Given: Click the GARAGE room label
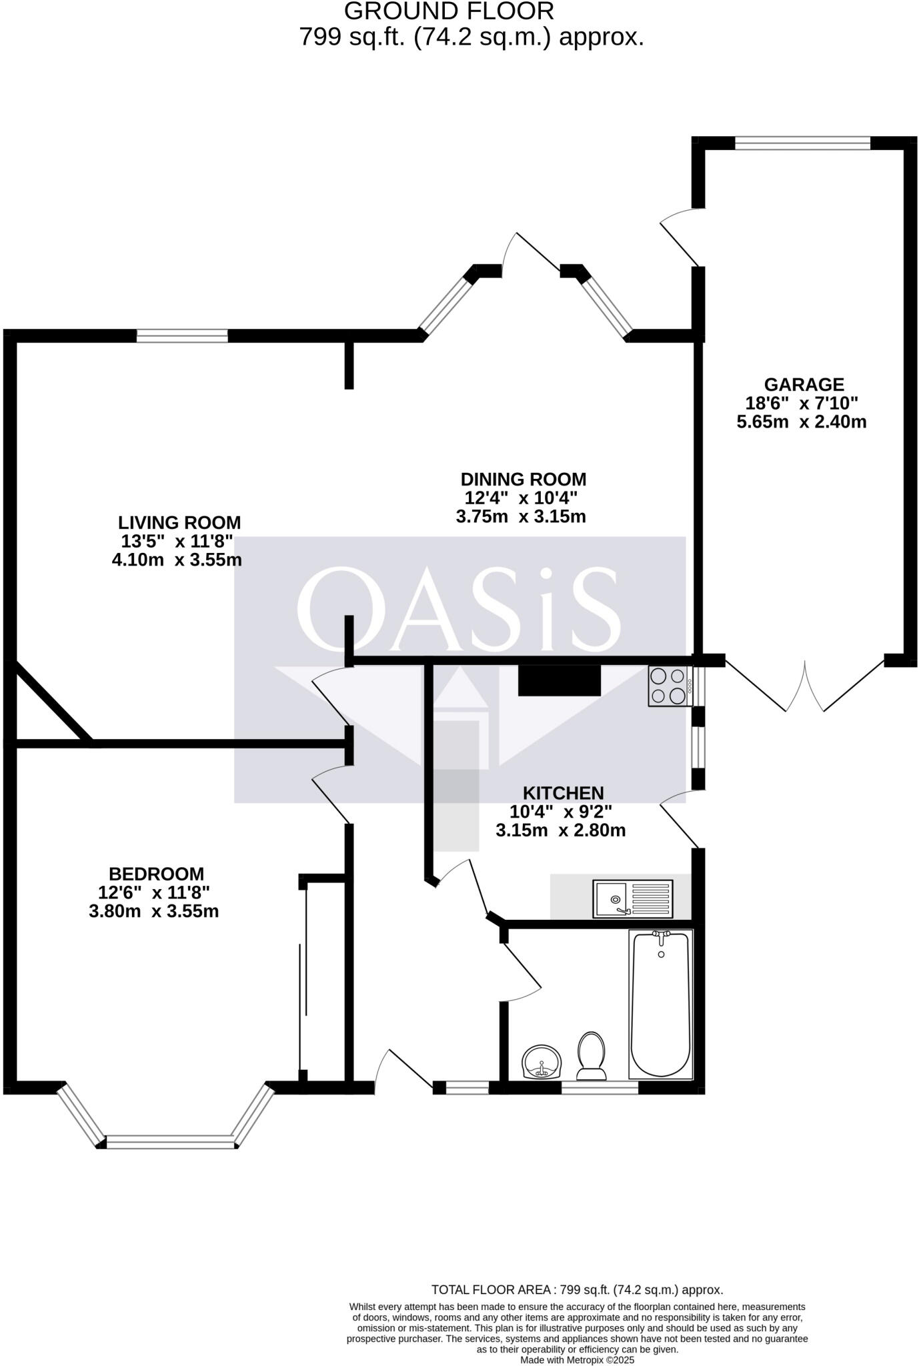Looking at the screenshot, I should click(x=804, y=385).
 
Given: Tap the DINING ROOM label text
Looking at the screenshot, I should click(x=524, y=480).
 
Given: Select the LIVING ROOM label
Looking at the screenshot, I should click(x=179, y=523).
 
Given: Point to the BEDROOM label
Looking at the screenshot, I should click(x=156, y=874).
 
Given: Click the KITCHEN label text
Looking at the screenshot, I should click(x=563, y=793).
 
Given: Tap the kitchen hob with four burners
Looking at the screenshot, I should click(x=669, y=686).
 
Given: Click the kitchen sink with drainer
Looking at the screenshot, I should click(x=634, y=898).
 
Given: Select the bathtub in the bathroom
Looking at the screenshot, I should click(x=660, y=1005).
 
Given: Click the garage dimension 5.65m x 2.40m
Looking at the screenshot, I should click(x=802, y=422).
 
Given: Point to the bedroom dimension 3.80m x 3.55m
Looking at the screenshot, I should click(x=154, y=911).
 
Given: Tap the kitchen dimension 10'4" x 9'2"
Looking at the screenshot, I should click(x=561, y=812).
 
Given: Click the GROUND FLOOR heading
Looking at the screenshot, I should click(x=449, y=11).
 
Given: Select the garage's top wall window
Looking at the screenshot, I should click(x=802, y=143).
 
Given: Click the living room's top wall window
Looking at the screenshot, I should click(x=182, y=335).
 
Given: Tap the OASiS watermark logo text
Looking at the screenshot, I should click(x=459, y=610).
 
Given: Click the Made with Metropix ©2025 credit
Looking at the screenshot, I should click(x=577, y=1359).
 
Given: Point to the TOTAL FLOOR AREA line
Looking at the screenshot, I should click(x=577, y=1290).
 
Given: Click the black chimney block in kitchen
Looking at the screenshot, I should click(x=560, y=681).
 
